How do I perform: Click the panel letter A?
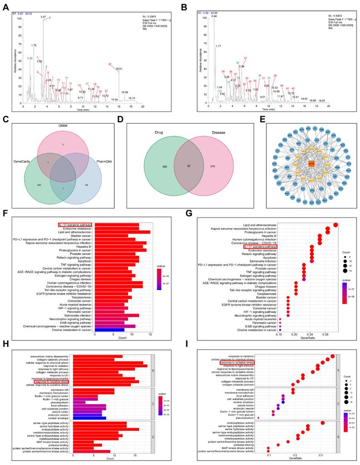pos(6,8)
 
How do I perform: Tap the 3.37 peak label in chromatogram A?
pos(43,17)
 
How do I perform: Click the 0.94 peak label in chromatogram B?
pos(214,16)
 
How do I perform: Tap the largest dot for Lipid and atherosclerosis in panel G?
pos(335,225)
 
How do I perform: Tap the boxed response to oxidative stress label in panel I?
pos(237,363)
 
